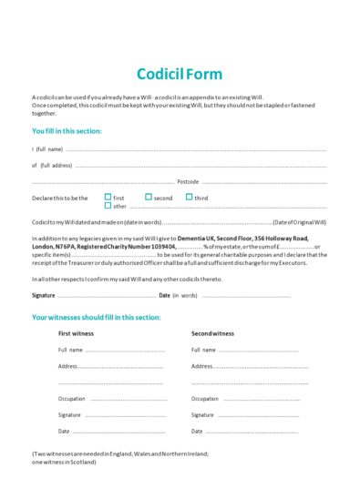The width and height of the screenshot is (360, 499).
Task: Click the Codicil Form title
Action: point(179,74)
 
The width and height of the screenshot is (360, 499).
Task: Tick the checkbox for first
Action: point(108,197)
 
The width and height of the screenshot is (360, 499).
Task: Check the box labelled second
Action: point(149,197)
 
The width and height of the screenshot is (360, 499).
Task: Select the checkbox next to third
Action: point(190,197)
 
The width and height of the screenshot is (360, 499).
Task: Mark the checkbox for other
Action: point(108,206)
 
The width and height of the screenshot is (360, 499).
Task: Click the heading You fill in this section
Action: point(67,131)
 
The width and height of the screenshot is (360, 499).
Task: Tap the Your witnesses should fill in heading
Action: point(96,317)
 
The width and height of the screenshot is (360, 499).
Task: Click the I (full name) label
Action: point(47,148)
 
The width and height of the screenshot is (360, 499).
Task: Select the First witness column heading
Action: point(76,334)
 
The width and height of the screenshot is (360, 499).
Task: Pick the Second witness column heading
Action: point(213,334)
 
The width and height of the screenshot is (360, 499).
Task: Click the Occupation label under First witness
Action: point(72,399)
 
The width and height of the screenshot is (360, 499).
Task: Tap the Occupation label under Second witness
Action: point(205,399)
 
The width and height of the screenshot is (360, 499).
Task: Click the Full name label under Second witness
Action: point(203,350)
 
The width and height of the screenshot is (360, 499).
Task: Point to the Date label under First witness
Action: point(64,431)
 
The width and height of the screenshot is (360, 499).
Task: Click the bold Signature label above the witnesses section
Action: point(44,295)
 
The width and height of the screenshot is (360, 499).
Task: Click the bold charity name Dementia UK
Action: point(194,238)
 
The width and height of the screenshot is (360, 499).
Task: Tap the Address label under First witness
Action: point(68,366)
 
